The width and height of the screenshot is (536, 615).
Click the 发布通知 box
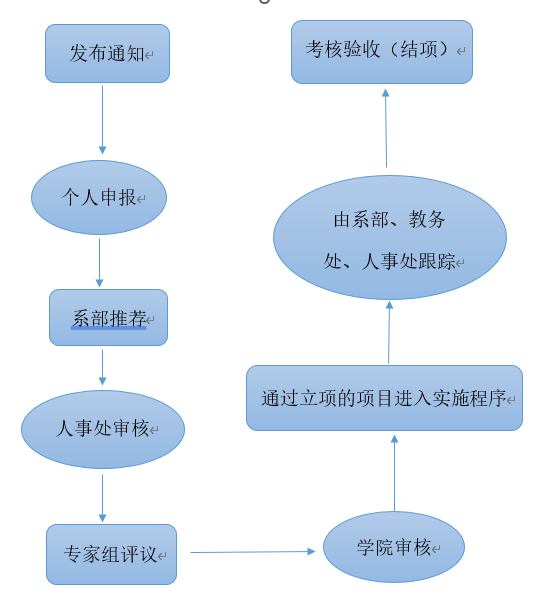pyautogui.click(x=107, y=53)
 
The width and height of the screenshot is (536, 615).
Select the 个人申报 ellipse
pyautogui.click(x=99, y=197)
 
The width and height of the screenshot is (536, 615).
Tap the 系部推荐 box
pyautogui.click(x=108, y=317)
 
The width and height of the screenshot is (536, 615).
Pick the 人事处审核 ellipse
pyautogui.click(x=103, y=429)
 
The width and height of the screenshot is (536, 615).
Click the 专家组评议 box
pyautogui.click(x=111, y=554)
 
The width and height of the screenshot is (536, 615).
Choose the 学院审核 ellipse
pyautogui.click(x=394, y=547)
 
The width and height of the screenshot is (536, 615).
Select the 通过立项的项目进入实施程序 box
pyautogui.click(x=384, y=398)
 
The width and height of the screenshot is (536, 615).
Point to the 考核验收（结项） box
pyautogui.click(x=382, y=52)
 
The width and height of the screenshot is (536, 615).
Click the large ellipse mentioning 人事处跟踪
pyautogui.click(x=390, y=237)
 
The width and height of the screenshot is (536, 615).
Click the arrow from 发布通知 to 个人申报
pyautogui.click(x=102, y=120)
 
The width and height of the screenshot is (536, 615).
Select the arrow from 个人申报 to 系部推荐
pyautogui.click(x=99, y=263)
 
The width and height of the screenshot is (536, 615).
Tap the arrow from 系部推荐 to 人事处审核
pyautogui.click(x=102, y=367)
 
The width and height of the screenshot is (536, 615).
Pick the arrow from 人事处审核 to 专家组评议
pyautogui.click(x=102, y=498)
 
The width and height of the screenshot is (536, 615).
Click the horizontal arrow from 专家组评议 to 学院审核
pyautogui.click(x=253, y=552)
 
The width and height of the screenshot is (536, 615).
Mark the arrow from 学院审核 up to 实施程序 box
pyautogui.click(x=394, y=473)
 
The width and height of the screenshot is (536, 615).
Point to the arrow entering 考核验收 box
pyautogui.click(x=386, y=128)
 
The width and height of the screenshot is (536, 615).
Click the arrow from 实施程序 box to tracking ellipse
pyautogui.click(x=389, y=332)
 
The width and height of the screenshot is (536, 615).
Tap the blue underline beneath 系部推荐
pyautogui.click(x=109, y=328)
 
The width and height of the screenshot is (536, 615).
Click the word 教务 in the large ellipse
pyautogui.click(x=427, y=219)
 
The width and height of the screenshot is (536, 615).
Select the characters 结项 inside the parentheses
pyautogui.click(x=419, y=50)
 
